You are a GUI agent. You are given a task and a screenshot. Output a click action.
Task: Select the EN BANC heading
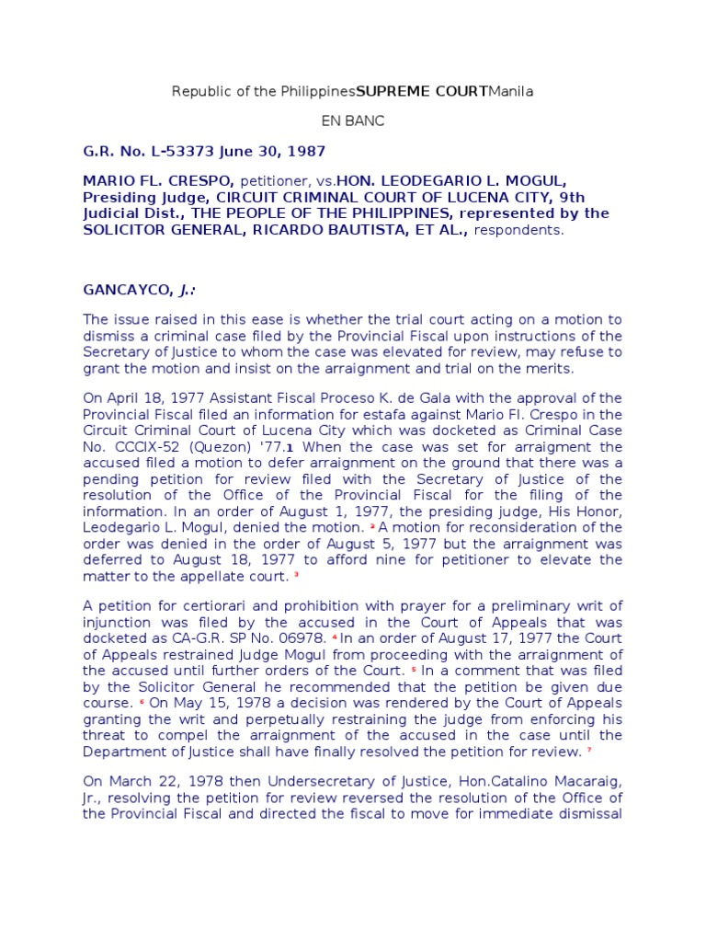click(x=352, y=121)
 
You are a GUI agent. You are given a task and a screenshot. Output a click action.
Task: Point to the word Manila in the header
click(x=511, y=92)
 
